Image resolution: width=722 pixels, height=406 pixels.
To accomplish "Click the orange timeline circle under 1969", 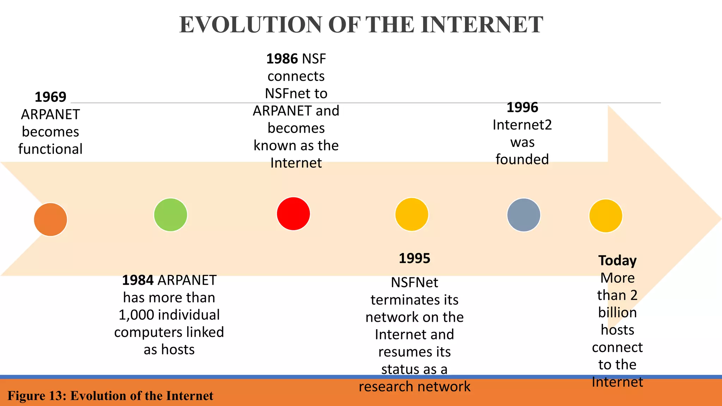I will coord(50,219).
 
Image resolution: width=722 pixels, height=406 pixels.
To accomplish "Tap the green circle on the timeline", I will coord(171,215).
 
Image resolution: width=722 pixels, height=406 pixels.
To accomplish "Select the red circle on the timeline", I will coord(293,214).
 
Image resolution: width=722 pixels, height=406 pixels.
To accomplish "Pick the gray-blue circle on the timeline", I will coord(524,215).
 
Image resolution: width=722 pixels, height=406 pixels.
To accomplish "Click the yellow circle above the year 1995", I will coord(411,214).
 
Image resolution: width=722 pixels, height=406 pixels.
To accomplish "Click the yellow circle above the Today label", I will coord(606,216).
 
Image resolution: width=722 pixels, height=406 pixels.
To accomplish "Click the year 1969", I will coord(50,97).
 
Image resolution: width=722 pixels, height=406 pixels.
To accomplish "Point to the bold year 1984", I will coord(138,280).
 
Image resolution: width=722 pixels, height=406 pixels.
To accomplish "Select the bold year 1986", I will coord(282,59).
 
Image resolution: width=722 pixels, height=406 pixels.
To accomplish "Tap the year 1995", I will coord(414,258).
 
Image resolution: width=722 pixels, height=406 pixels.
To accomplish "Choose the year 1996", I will coord(522,107).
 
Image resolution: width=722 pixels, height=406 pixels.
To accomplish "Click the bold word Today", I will coord(617,261).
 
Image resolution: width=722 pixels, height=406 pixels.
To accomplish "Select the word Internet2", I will coord(522,125).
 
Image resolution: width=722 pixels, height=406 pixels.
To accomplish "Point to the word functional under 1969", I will coord(50,149).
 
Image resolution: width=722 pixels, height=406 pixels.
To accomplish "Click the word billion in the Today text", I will coord(617,313).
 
